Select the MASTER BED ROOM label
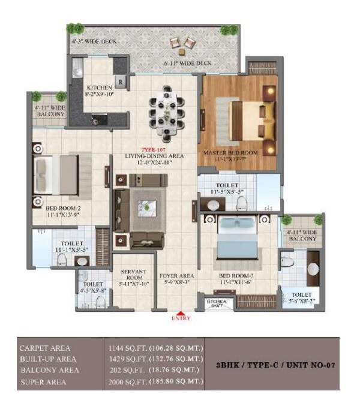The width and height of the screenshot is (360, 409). coord(231,152)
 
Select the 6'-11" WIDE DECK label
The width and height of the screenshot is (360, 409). coord(188,63)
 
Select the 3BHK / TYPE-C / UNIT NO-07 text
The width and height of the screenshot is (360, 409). coord(274,365)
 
